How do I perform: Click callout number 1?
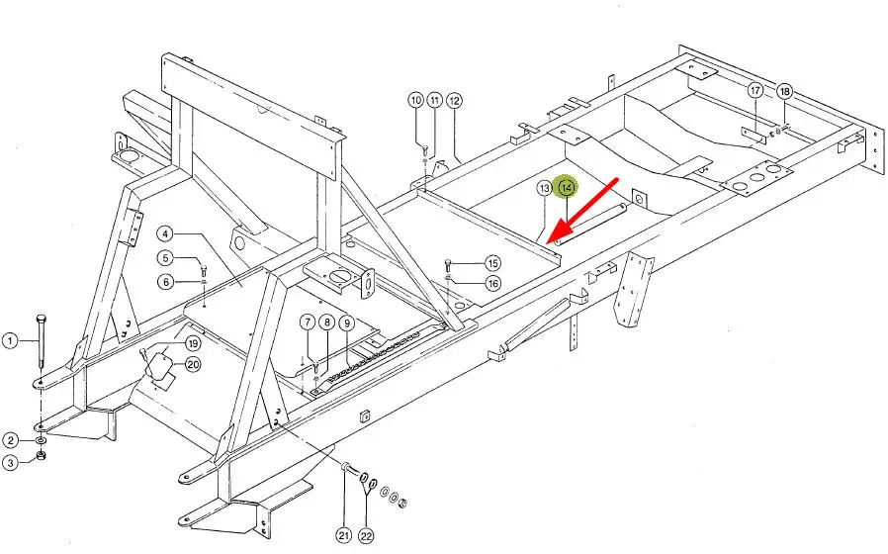pyautogui.click(x=10, y=341)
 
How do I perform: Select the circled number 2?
pyautogui.click(x=10, y=440)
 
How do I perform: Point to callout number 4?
pyautogui.click(x=165, y=234)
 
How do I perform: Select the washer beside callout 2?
pyautogui.click(x=40, y=438)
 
